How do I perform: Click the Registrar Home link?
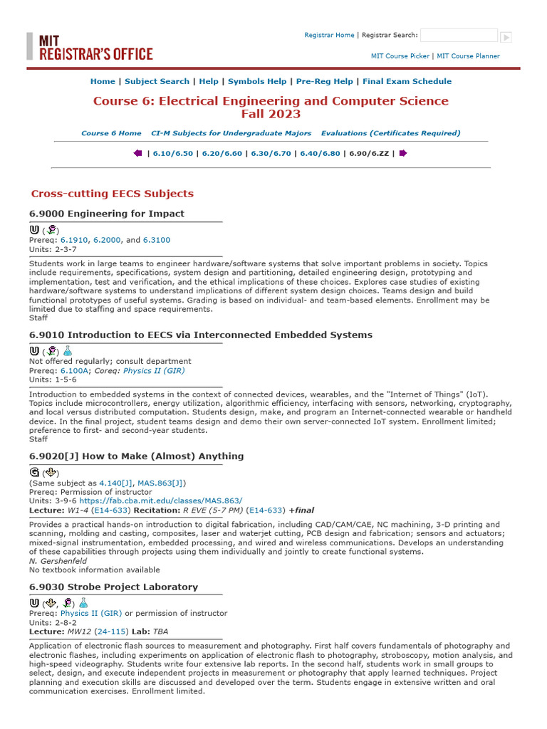click(x=329, y=35)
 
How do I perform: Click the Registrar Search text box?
click(x=459, y=36)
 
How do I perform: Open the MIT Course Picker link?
click(x=400, y=56)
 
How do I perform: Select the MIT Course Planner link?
click(x=468, y=56)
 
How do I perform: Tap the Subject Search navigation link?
click(x=157, y=82)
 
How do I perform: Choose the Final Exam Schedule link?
click(x=407, y=82)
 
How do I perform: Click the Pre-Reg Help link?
click(x=324, y=82)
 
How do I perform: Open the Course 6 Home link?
click(x=111, y=133)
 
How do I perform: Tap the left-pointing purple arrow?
click(x=137, y=153)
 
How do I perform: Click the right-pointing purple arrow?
click(x=403, y=153)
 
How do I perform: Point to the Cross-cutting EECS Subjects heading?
click(x=112, y=194)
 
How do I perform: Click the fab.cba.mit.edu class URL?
click(x=161, y=500)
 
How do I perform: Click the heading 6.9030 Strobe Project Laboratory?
click(x=113, y=587)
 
